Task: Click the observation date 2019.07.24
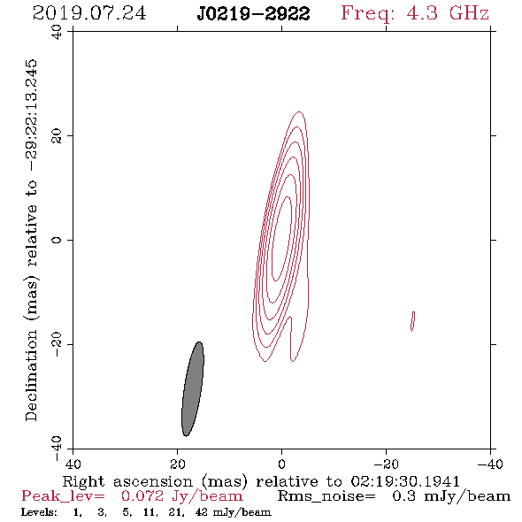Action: (x=89, y=13)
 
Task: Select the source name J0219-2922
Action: (x=253, y=14)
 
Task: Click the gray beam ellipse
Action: (x=193, y=388)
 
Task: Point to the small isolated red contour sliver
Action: (x=413, y=321)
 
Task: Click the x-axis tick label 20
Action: (x=177, y=464)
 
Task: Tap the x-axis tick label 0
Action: (x=281, y=464)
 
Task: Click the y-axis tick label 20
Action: (x=57, y=136)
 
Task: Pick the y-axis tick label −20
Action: (x=57, y=345)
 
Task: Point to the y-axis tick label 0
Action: (x=57, y=240)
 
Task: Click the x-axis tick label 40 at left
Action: (x=73, y=464)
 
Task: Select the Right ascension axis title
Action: (x=261, y=481)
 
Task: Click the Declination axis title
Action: (x=31, y=240)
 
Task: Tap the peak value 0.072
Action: (x=142, y=496)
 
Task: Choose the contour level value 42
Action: (x=202, y=512)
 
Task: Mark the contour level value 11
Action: (x=150, y=512)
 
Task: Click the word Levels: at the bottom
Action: (x=39, y=512)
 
